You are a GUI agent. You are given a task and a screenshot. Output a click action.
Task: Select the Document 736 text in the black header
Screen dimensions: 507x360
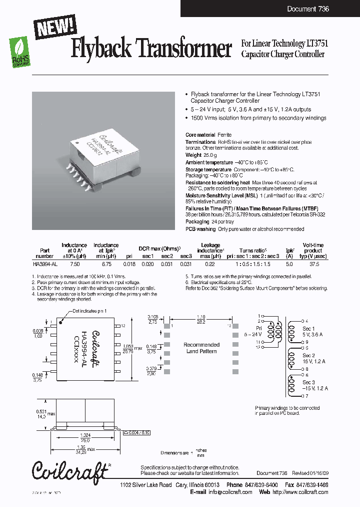(x=308, y=9)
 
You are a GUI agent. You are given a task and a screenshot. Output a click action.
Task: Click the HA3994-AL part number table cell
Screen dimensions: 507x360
(x=44, y=263)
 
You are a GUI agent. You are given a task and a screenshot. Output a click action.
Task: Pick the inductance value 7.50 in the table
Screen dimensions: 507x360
(x=74, y=263)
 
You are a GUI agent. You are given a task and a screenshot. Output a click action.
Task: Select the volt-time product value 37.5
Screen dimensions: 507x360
(x=313, y=263)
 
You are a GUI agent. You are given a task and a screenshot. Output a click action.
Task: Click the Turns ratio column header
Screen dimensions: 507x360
(x=252, y=250)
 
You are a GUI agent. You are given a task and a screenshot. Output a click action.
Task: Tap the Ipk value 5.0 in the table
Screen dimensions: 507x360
(x=289, y=263)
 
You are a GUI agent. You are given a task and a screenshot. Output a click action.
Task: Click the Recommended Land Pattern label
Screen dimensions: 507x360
(x=201, y=348)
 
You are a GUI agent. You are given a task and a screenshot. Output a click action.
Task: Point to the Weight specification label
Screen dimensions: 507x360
(x=194, y=156)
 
